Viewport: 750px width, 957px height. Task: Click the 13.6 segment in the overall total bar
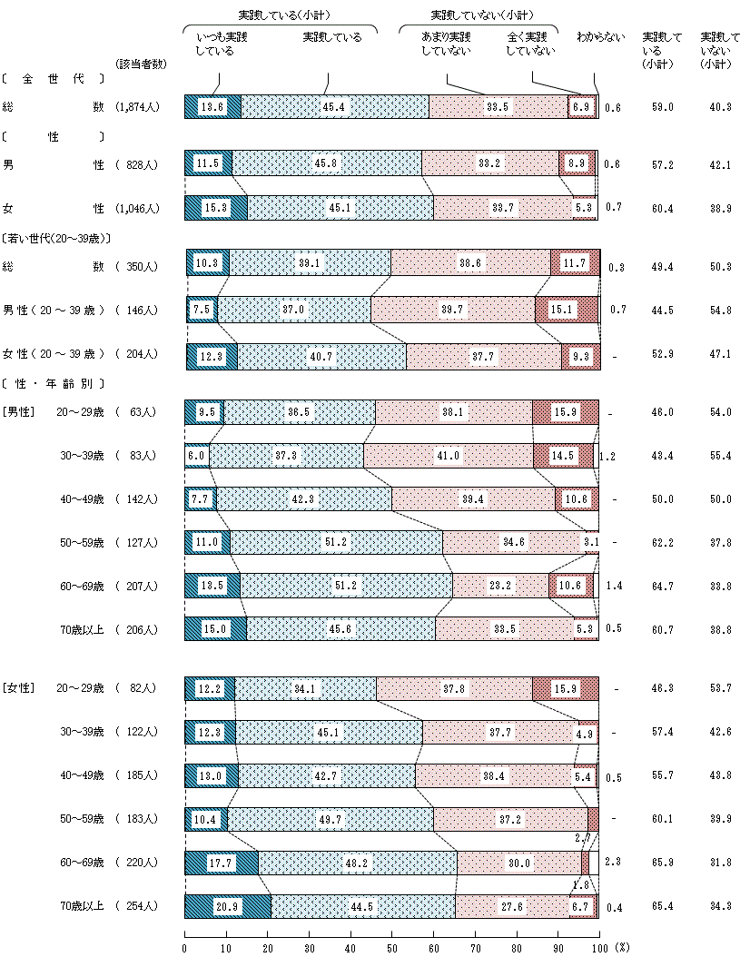point(212,106)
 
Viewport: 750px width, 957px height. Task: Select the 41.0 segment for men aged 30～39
point(449,455)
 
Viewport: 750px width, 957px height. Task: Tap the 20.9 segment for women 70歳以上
point(228,906)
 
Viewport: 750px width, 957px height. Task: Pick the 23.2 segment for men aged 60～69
point(500,586)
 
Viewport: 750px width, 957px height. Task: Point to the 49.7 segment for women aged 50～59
point(331,819)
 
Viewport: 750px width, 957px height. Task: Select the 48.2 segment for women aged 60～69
point(358,863)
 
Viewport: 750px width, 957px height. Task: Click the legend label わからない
point(600,37)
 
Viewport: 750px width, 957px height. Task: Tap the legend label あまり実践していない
point(446,44)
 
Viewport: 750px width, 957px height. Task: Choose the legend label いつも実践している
point(222,44)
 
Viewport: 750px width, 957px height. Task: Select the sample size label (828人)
point(138,164)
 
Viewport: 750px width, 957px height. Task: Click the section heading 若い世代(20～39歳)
point(56,238)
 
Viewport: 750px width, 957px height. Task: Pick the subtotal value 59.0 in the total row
point(662,107)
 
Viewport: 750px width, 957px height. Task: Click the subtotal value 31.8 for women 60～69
point(721,863)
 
